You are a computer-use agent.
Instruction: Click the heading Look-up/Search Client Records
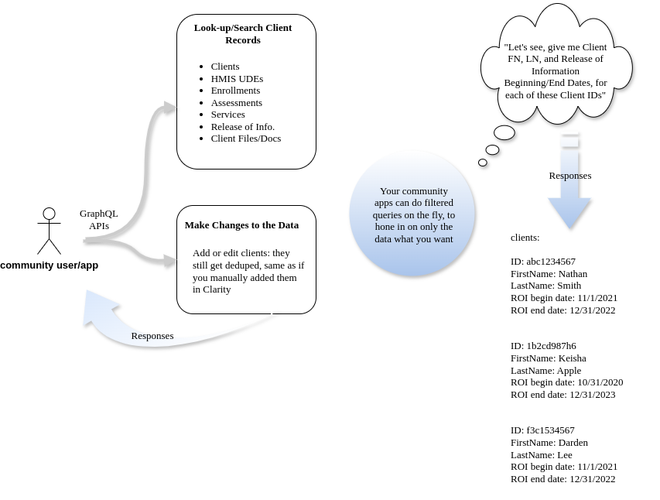[x=242, y=33]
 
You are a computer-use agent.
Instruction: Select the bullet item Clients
[x=224, y=67]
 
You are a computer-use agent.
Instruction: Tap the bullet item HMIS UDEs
[x=237, y=79]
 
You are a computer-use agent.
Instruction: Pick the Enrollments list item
[x=235, y=91]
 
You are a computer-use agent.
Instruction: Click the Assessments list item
[x=236, y=103]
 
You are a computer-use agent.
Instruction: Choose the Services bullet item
[x=227, y=115]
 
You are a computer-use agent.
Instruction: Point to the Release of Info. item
[x=242, y=127]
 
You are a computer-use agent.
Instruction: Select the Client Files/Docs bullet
[x=245, y=139]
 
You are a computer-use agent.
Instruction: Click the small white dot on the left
[x=49, y=214]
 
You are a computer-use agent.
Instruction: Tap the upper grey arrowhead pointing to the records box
[x=169, y=108]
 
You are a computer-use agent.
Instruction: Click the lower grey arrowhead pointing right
[x=169, y=261]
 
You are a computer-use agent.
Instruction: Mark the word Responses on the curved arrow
[x=152, y=336]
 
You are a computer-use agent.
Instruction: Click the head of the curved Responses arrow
[x=97, y=306]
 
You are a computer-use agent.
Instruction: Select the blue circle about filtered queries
[x=412, y=214]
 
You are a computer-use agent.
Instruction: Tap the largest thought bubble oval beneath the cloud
[x=504, y=133]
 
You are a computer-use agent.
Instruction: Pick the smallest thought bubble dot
[x=483, y=163]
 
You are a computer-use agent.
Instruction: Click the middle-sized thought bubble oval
[x=492, y=150]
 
